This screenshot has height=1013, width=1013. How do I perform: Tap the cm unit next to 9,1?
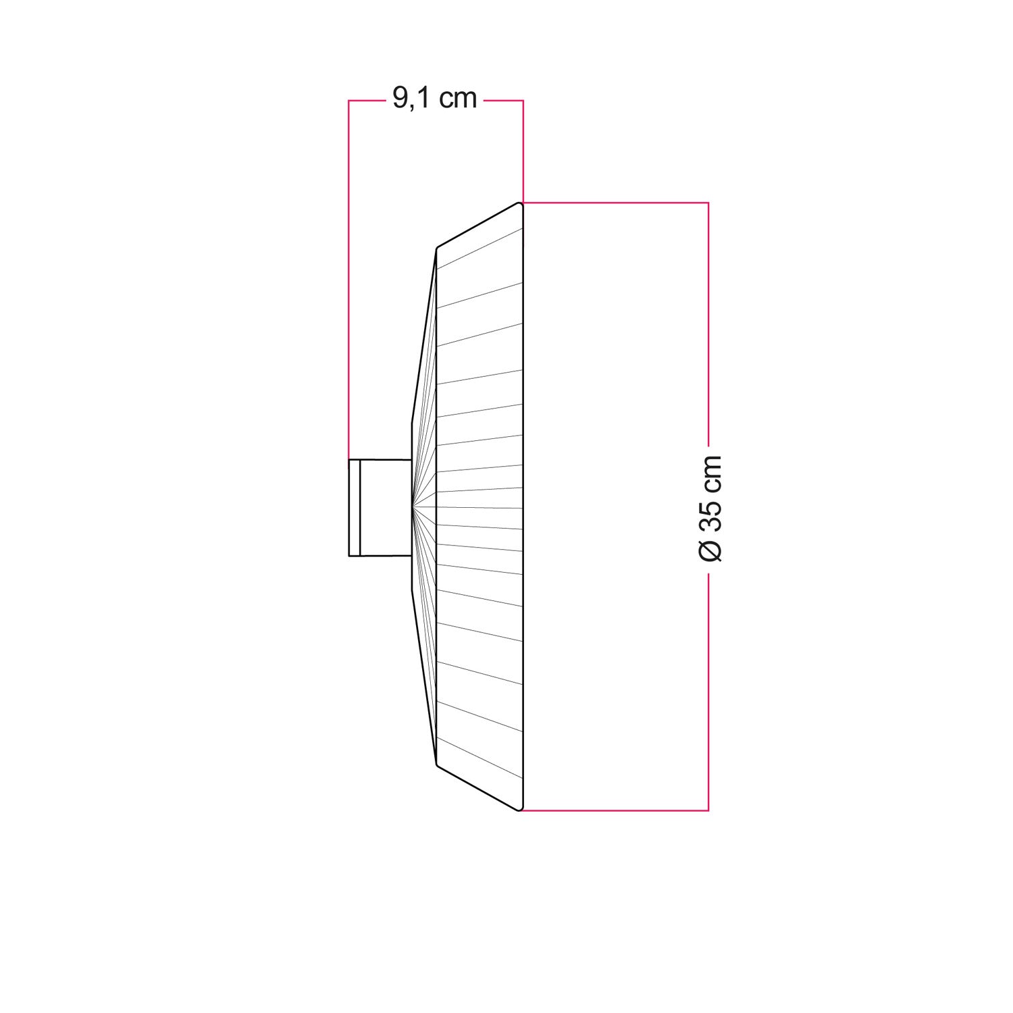point(458,99)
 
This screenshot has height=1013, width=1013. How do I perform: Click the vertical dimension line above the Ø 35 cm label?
point(708,324)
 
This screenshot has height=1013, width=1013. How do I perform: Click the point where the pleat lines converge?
point(413,506)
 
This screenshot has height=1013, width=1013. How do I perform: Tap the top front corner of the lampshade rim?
point(520,203)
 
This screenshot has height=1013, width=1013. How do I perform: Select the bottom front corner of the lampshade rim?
point(520,809)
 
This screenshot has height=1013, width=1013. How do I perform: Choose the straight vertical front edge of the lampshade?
point(523,506)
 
